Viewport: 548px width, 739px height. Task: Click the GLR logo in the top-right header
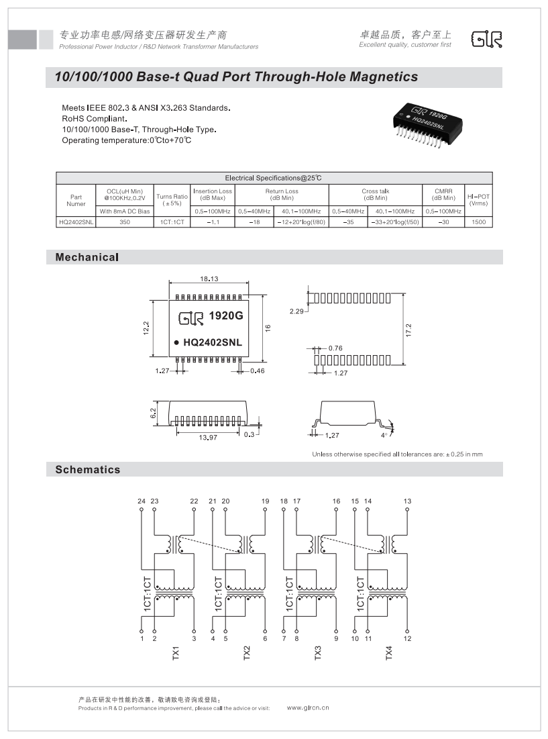(487, 40)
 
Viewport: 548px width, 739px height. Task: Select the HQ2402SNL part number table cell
(76, 221)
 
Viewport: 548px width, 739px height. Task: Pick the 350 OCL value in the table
(125, 221)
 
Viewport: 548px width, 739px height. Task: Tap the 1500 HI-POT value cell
(478, 221)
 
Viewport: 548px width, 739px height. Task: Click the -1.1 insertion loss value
(213, 221)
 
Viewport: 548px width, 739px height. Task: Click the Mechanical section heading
(87, 257)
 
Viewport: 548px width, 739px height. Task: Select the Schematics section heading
(88, 470)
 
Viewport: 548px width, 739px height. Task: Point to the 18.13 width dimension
(209, 279)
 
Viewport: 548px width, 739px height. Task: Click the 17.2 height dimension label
(408, 330)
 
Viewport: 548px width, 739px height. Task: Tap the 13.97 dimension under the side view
(208, 438)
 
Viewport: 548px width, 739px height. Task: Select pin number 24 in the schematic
(142, 501)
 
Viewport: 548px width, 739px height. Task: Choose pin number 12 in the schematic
(407, 638)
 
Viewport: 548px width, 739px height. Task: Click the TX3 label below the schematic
(318, 652)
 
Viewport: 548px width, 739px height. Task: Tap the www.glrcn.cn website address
(308, 707)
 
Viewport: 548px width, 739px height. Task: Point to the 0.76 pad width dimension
(336, 348)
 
